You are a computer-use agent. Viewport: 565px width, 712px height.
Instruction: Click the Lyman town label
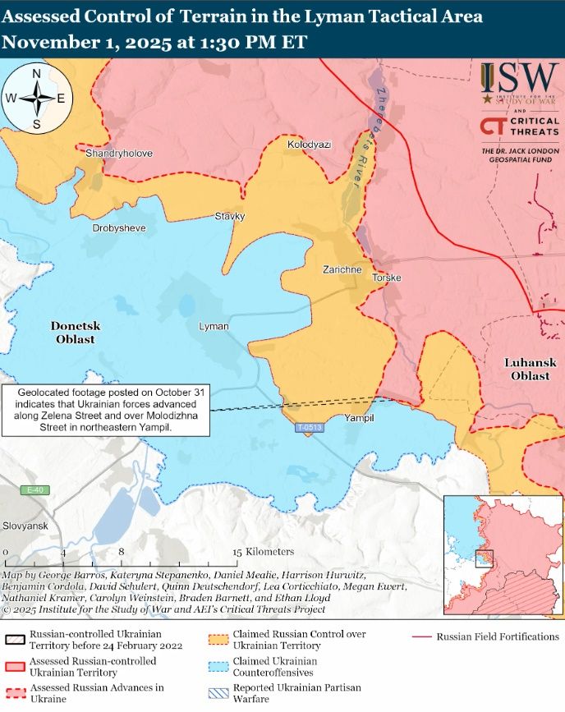(214, 327)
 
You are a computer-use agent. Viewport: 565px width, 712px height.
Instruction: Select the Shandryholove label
(119, 154)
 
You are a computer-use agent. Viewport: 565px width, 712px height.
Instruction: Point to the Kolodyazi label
(309, 145)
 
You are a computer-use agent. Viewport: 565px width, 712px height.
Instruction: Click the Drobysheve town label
(119, 227)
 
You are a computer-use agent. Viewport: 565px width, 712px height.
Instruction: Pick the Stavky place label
(230, 216)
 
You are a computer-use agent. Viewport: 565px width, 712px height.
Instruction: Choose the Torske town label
(387, 278)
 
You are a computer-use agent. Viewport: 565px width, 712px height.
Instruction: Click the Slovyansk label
(25, 526)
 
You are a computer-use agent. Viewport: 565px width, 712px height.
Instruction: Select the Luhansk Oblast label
(530, 369)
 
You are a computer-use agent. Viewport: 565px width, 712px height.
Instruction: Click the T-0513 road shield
(310, 429)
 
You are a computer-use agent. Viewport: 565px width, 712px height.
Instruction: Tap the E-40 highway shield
(34, 490)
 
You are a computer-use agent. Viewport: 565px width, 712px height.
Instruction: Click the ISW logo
(519, 82)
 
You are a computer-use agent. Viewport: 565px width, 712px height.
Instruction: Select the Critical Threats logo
(519, 126)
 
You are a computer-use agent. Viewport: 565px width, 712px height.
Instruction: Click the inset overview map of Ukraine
(501, 555)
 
